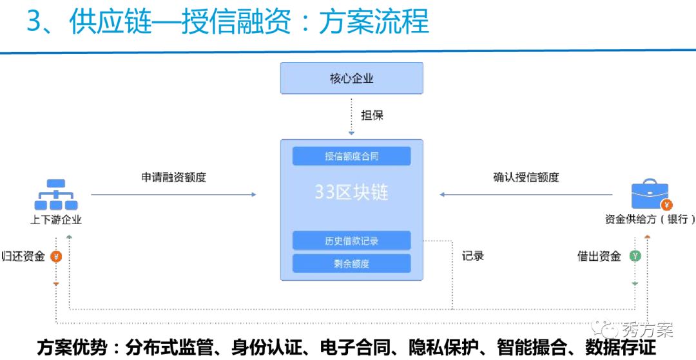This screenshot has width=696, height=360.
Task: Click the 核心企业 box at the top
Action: point(351,79)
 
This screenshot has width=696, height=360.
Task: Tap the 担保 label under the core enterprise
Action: point(372,115)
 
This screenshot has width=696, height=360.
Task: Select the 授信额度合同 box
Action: point(351,156)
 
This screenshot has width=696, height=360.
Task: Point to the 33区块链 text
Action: point(351,192)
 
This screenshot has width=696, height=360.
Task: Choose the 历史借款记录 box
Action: point(351,241)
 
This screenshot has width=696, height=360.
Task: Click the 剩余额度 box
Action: point(351,263)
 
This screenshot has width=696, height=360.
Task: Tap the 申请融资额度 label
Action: point(173,177)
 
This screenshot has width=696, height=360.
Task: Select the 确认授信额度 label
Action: point(526,177)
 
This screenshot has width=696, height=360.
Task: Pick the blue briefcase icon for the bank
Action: point(650,194)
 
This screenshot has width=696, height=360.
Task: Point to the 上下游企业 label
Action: point(56,220)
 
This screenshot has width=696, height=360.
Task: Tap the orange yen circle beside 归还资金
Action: point(56,256)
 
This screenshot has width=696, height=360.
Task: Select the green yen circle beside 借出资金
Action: point(635,256)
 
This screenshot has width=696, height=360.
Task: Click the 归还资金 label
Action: point(24,256)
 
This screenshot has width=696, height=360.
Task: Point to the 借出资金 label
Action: point(599,256)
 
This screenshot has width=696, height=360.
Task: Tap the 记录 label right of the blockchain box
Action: point(472,256)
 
